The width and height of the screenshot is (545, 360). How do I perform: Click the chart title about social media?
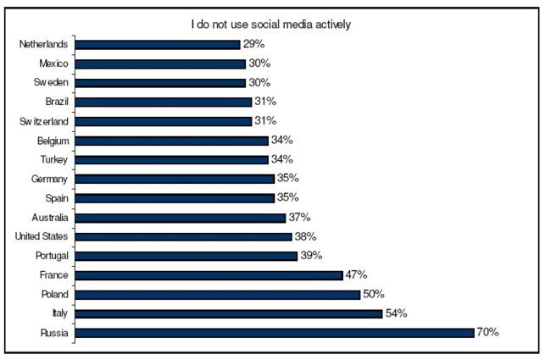(270, 24)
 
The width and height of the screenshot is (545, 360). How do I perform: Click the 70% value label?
(487, 333)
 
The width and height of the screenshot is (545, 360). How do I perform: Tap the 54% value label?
(397, 313)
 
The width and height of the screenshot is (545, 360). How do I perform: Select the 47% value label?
(357, 274)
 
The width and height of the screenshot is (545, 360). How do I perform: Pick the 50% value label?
(374, 294)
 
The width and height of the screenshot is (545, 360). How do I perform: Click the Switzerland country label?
(43, 121)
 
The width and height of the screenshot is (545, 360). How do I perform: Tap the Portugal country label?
(52, 256)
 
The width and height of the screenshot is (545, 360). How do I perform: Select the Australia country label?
(51, 218)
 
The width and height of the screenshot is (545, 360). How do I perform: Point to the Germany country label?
(51, 179)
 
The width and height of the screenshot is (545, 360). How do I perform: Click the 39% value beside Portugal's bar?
(311, 256)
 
